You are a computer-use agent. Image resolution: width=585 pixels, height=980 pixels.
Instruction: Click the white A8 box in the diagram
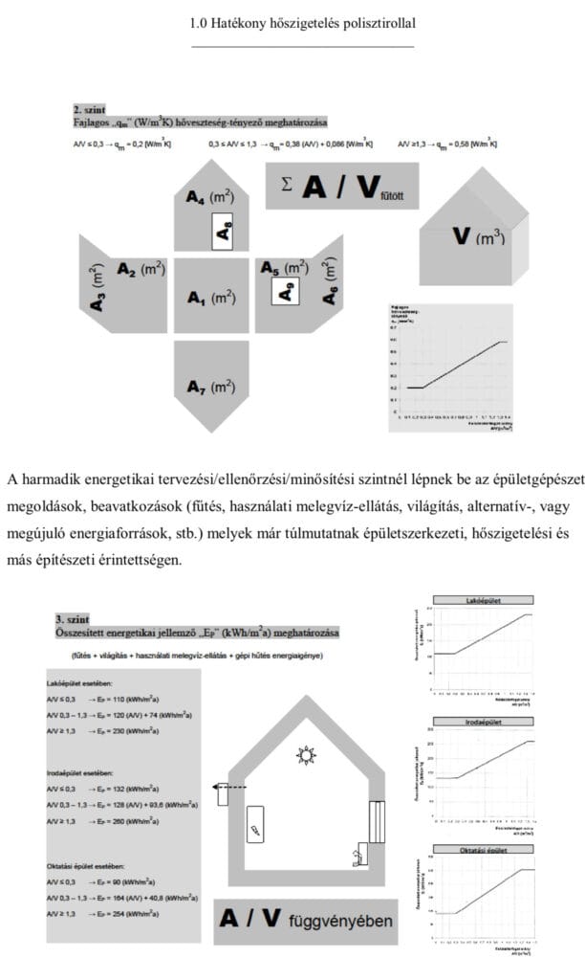coord(222,231)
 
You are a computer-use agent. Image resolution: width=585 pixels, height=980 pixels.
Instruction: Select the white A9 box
coord(283,291)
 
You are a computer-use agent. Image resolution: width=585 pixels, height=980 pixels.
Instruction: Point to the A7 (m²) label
coord(210,388)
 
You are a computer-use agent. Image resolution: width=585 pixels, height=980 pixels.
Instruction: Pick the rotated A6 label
coord(331,280)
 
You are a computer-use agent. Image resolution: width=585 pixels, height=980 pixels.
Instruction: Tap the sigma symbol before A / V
coord(288,183)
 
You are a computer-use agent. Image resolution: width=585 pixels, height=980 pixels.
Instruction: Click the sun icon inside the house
coord(306,756)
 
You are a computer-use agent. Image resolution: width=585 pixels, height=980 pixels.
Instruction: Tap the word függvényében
coord(340,921)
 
